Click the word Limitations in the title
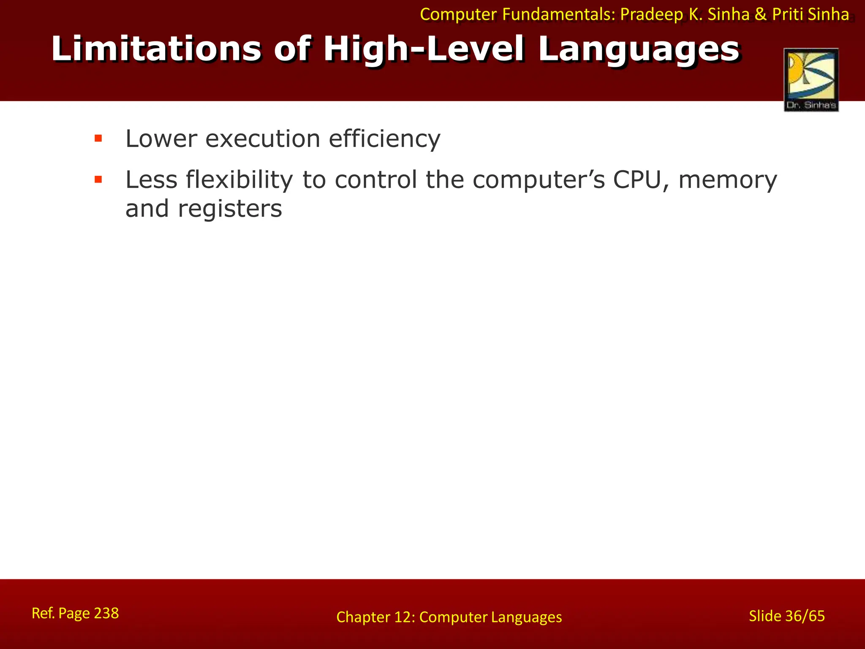tap(156, 49)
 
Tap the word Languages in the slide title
tap(639, 49)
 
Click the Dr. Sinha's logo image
tap(811, 80)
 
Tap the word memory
tap(727, 180)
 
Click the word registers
tap(230, 209)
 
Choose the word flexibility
tap(239, 180)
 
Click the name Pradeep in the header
tap(651, 15)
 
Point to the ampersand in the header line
tap(760, 15)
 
